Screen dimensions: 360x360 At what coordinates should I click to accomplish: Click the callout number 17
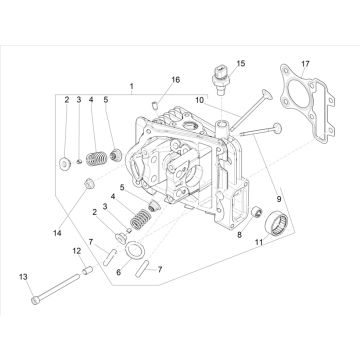point(305,64)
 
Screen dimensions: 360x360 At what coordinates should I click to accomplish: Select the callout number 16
point(176,80)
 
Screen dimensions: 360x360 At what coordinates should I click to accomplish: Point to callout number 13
point(23,277)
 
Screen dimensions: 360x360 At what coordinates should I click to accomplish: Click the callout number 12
point(77,250)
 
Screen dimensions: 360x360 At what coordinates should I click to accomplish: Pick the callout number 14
point(57,233)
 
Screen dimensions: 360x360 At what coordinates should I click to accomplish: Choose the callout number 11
point(259,243)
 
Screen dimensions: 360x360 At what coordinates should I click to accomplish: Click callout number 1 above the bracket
point(132,86)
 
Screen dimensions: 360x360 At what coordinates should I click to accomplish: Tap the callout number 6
point(118,272)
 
